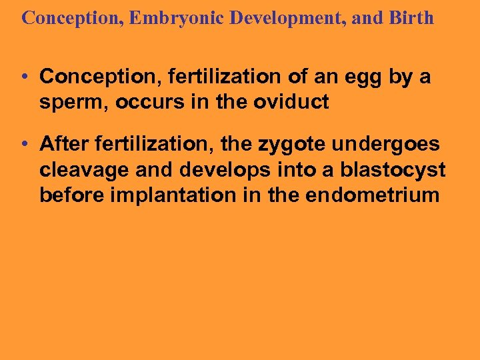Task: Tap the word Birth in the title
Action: pyautogui.click(x=411, y=18)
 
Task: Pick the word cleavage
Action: pyautogui.click(x=85, y=170)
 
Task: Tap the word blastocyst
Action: pyautogui.click(x=393, y=170)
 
